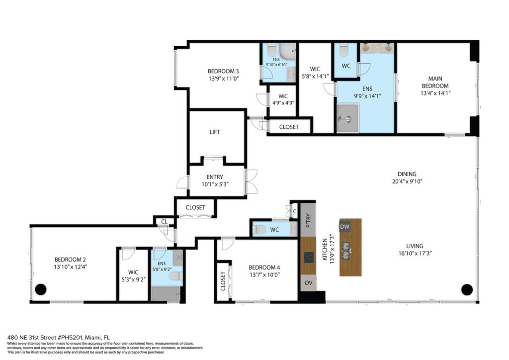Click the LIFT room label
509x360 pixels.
click(215, 132)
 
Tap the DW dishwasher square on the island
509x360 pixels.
click(345, 227)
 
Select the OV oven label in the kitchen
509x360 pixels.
click(308, 283)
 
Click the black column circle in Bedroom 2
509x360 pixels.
click(41, 289)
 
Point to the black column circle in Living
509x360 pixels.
click(467, 289)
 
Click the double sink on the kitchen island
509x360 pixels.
click(346, 251)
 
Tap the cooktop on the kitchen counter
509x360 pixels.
click(309, 258)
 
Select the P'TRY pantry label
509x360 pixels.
click(308, 220)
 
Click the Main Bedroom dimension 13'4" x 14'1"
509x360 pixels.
click(435, 93)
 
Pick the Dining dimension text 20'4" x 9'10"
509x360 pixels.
click(407, 181)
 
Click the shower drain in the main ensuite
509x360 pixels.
click(348, 119)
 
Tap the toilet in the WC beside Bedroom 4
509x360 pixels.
click(259, 230)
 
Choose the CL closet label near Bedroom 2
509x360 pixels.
click(164, 221)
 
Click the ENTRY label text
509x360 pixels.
click(215, 177)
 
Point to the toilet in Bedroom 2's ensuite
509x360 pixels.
click(176, 276)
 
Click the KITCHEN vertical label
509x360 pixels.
click(325, 249)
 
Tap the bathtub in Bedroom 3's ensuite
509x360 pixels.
click(287, 51)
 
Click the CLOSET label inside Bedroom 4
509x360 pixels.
click(223, 281)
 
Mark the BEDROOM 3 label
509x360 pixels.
click(223, 71)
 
